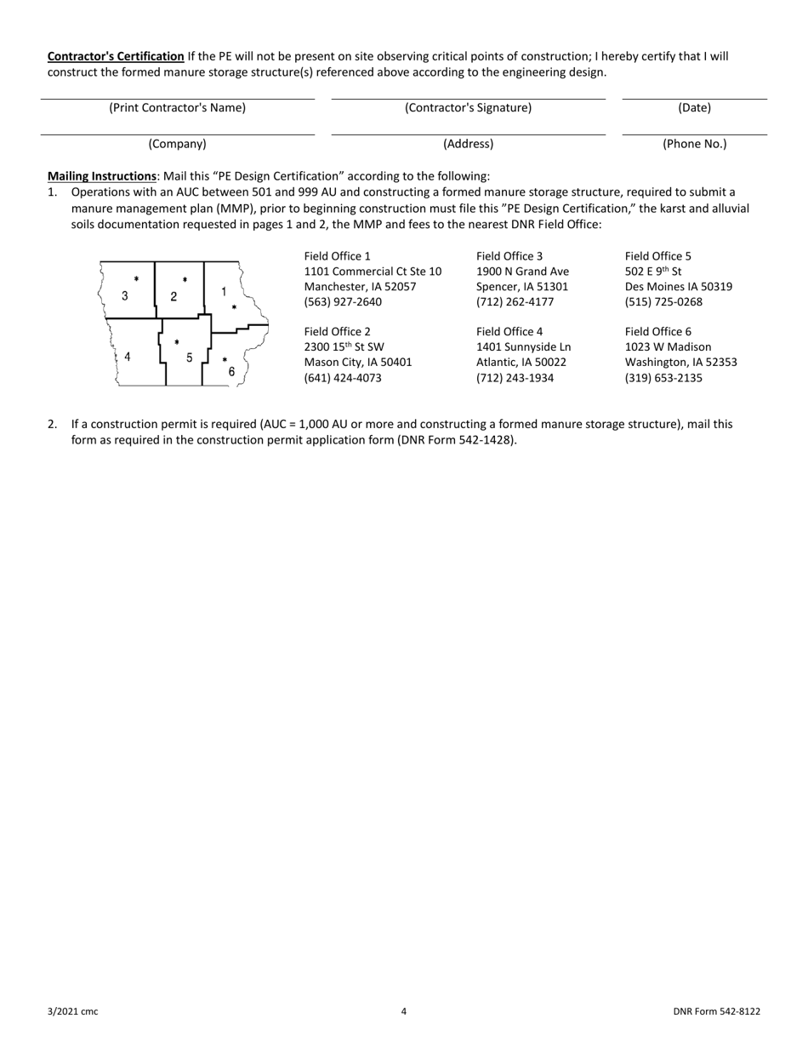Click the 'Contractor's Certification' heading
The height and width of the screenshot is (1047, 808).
point(116,56)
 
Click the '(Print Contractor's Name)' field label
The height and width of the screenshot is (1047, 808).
point(177,107)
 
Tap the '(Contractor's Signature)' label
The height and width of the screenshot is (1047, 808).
point(468,107)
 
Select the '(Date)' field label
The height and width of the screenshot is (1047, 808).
point(694,107)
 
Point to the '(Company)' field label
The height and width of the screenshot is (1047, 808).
point(177,144)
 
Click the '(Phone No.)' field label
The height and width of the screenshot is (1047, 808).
point(694,144)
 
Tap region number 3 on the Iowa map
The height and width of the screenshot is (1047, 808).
point(125,296)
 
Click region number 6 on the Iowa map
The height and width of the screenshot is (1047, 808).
point(231,371)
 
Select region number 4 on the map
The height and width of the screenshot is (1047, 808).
point(128,357)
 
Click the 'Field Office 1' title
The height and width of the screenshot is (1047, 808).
point(338,255)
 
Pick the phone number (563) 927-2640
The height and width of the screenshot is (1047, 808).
point(343,302)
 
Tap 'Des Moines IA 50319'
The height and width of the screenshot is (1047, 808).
point(678,287)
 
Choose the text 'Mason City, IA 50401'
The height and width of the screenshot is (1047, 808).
point(358,363)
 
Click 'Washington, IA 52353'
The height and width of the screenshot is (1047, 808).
point(680,363)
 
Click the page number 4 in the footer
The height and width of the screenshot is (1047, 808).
point(404,1011)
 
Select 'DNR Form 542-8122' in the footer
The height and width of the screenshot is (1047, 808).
point(716,1011)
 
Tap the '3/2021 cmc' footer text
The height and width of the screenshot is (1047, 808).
point(72,1011)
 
